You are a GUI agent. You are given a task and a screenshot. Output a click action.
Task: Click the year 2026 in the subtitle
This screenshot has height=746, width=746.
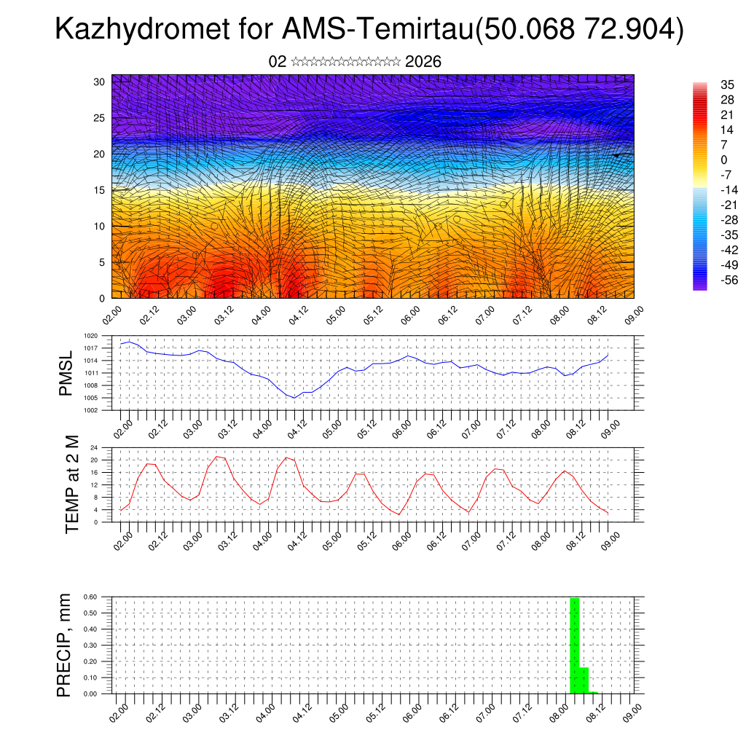pyautogui.click(x=423, y=62)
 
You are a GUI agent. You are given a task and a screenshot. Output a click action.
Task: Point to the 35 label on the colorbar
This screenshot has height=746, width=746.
pyautogui.click(x=728, y=85)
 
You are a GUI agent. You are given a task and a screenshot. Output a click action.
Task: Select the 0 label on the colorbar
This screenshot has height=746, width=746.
pyautogui.click(x=724, y=160)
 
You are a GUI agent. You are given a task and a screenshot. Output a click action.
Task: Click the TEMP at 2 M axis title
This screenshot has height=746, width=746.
pyautogui.click(x=71, y=484)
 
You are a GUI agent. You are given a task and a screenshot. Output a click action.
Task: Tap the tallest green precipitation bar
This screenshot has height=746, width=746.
pyautogui.click(x=575, y=645)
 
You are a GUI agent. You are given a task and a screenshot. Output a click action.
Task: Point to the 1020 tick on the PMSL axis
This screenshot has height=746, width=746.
pyautogui.click(x=91, y=336)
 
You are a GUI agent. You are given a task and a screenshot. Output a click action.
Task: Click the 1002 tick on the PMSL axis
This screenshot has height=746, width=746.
pyautogui.click(x=91, y=409)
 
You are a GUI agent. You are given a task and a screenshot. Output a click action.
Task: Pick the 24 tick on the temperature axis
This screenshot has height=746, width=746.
pyautogui.click(x=93, y=447)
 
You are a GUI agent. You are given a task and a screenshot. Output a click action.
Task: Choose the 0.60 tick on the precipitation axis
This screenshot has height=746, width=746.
pyautogui.click(x=90, y=597)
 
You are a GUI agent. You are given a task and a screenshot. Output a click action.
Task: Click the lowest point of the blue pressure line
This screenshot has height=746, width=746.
pyautogui.click(x=294, y=398)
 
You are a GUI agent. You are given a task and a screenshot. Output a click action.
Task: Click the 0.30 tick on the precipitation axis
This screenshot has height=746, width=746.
pyautogui.click(x=90, y=645)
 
